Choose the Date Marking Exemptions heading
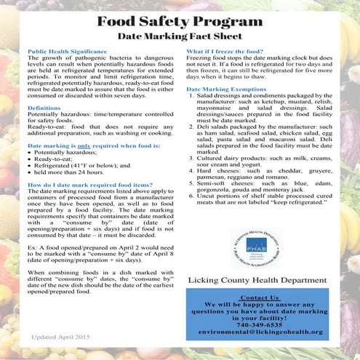tap(231, 108)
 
